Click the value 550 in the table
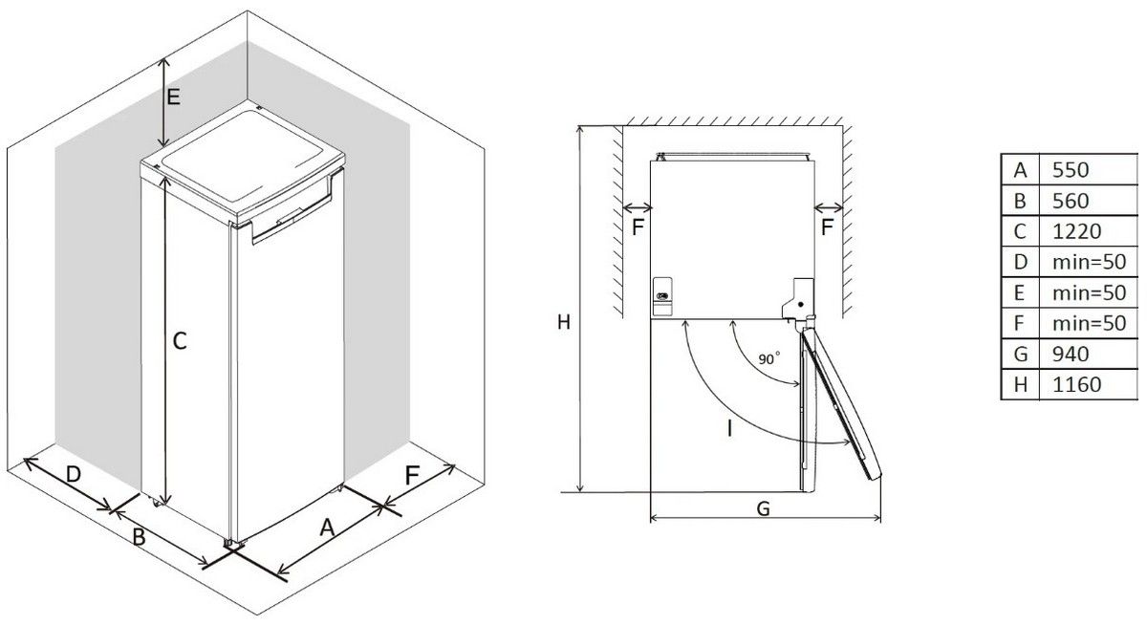(1071, 170)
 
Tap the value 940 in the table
(1071, 355)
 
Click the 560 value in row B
(1071, 201)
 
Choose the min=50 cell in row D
(1089, 262)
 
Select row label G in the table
(1021, 355)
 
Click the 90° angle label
(769, 358)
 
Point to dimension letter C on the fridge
(180, 341)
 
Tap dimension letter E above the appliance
(174, 97)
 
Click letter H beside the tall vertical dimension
(564, 322)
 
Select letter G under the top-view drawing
(763, 508)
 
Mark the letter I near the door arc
(729, 428)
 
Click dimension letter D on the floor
(74, 474)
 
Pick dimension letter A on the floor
(327, 528)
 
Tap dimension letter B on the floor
(140, 537)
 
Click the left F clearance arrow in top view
(637, 207)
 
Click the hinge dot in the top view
(800, 305)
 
